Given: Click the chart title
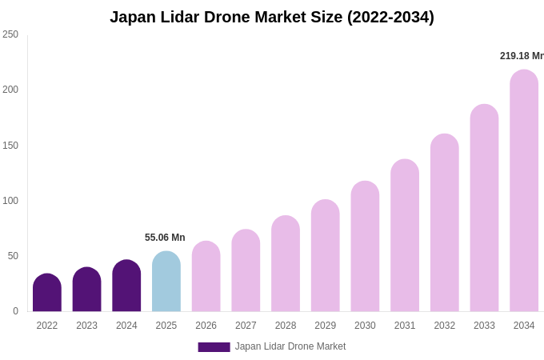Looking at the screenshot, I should [x=272, y=17].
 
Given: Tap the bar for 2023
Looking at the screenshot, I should [x=86, y=290].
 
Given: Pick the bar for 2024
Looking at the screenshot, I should [x=126, y=286].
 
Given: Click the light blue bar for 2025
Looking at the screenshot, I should [x=166, y=282].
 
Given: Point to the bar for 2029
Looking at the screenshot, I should [x=325, y=256].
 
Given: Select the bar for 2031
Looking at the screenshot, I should [x=405, y=236].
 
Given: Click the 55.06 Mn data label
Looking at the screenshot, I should [x=165, y=238].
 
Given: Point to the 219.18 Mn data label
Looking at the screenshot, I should [x=522, y=56].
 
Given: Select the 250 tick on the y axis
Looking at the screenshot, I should [x=10, y=34].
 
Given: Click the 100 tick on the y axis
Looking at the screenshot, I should [x=10, y=201].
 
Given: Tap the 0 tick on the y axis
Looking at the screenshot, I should [x=15, y=311].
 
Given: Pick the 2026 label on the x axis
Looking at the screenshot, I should [x=206, y=326].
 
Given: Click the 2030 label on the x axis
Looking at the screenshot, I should [x=365, y=326].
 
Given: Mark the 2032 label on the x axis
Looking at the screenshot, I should [x=444, y=326].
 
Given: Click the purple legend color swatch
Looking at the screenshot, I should [x=214, y=347].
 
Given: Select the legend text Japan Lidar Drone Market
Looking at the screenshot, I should [x=290, y=346].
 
